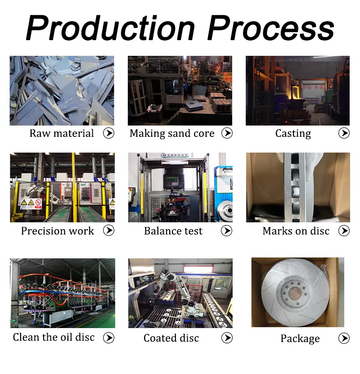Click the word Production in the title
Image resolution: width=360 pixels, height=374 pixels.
111,28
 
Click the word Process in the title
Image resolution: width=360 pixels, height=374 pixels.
271,28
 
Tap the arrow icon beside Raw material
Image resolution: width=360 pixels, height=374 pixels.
109,133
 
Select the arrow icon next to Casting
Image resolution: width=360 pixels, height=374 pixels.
344,133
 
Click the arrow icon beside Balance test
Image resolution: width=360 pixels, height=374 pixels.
226,230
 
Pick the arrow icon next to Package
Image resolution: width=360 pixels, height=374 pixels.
344,338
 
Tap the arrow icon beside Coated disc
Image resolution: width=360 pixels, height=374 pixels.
227,338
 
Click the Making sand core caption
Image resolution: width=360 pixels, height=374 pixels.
172,133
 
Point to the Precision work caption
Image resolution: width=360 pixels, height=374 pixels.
58,230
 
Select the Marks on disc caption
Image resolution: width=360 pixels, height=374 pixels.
296,231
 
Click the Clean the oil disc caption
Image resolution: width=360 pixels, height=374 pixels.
54,337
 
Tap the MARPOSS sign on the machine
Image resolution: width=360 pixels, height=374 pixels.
175,155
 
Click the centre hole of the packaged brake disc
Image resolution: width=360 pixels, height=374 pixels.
295,293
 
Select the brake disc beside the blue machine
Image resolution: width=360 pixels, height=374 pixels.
225,210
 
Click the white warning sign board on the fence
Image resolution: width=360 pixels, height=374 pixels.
31,203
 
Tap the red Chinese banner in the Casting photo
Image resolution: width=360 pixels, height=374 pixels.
312,87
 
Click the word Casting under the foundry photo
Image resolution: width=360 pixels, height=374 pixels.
293,133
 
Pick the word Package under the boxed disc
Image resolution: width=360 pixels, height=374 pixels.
300,338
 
